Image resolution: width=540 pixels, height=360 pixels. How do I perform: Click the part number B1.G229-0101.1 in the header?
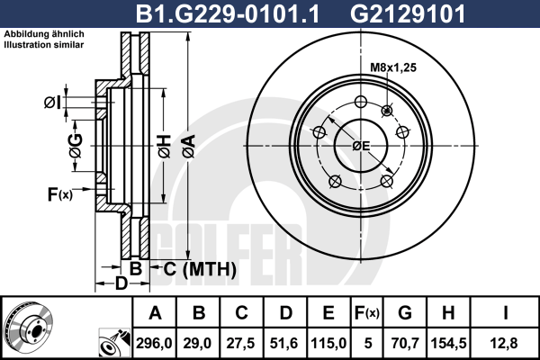(228, 14)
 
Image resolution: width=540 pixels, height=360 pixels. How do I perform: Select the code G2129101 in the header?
(408, 14)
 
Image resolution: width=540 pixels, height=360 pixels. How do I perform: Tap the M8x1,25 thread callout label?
(393, 67)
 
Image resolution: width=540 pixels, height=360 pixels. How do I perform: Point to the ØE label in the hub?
(361, 146)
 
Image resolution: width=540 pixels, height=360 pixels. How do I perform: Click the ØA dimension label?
(189, 147)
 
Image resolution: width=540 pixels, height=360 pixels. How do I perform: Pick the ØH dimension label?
(165, 147)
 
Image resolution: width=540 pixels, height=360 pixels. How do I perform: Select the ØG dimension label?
(76, 146)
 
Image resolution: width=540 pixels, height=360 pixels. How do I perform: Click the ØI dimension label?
(53, 103)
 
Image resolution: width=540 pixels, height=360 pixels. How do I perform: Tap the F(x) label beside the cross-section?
(60, 194)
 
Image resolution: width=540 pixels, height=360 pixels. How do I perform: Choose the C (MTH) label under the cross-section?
(200, 269)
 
